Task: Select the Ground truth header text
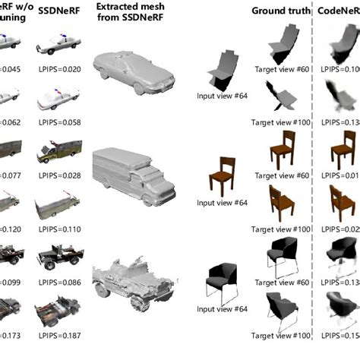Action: (x=281, y=11)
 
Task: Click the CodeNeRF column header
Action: (x=339, y=11)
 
